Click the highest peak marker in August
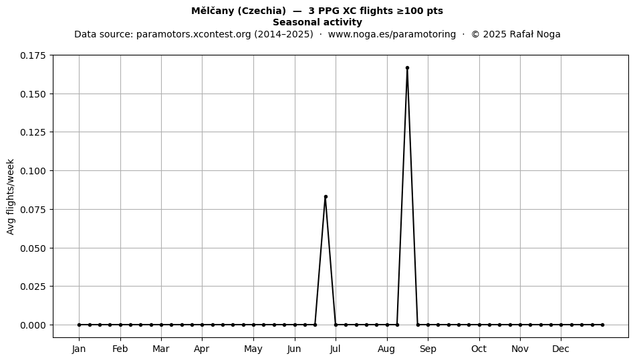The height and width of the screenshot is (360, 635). (x=407, y=68)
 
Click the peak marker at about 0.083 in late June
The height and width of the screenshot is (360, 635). (x=326, y=197)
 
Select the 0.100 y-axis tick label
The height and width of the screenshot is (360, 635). (x=33, y=171)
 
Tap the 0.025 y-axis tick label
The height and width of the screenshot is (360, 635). (x=33, y=287)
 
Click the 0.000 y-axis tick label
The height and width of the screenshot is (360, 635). (x=33, y=325)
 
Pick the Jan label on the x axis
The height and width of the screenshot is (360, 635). (x=79, y=349)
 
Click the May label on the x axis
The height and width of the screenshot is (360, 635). (x=253, y=349)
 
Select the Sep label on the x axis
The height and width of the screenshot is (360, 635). (x=428, y=349)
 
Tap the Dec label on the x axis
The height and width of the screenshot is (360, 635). (x=561, y=349)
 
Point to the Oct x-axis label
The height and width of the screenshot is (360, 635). (x=479, y=349)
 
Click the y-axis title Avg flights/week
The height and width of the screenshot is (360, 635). (x=11, y=196)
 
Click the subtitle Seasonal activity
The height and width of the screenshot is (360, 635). (x=317, y=22)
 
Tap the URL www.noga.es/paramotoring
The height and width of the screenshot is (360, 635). (x=392, y=34)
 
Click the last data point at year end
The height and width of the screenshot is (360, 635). (x=603, y=325)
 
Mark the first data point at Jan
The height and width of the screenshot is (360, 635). (x=79, y=325)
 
